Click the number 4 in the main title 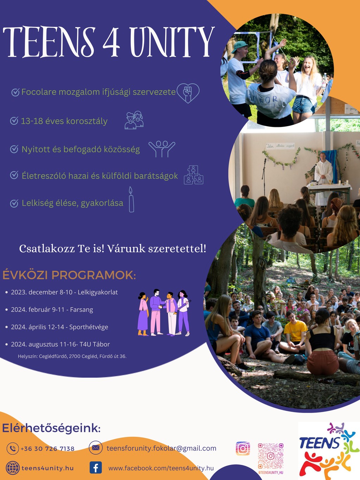[x=111, y=41]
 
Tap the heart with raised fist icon [x=188, y=93]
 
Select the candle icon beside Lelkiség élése [x=131, y=199]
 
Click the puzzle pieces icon [x=193, y=175]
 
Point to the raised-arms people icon [x=162, y=149]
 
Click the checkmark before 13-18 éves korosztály [x=14, y=121]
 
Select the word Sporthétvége [x=89, y=327]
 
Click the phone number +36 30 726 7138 [x=47, y=449]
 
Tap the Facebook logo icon [x=96, y=468]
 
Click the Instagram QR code [x=271, y=456]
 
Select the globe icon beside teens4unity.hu [x=13, y=468]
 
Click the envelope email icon [x=96, y=448]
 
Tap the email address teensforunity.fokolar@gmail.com [x=161, y=448]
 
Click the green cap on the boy [x=239, y=46]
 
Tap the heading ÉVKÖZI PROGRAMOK [x=69, y=275]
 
